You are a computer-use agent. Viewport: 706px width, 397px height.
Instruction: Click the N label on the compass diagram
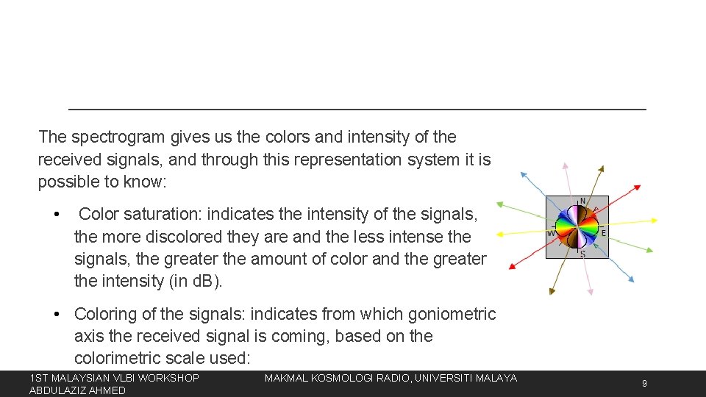click(583, 201)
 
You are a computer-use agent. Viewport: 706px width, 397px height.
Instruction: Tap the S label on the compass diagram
click(583, 254)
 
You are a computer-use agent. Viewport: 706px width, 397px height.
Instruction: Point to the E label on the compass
click(604, 232)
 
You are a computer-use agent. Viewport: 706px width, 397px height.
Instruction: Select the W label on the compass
click(551, 234)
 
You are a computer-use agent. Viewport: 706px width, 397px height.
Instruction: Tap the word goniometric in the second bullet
click(446, 314)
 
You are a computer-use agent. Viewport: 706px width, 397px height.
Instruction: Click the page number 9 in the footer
click(644, 383)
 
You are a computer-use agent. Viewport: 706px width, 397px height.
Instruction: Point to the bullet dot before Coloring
click(57, 315)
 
